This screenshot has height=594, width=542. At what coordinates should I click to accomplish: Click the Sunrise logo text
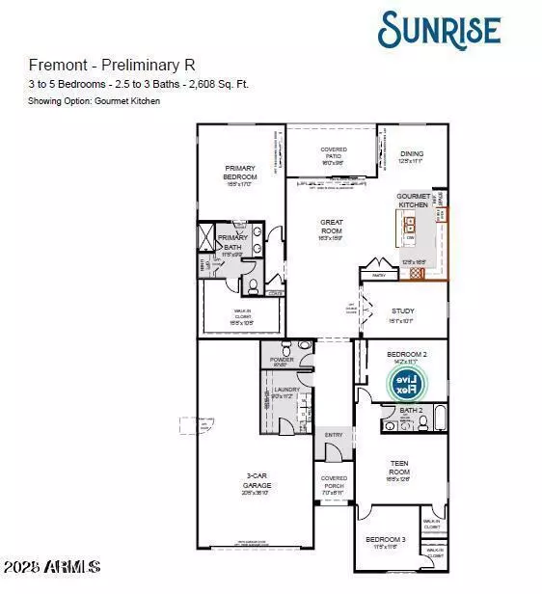pos(440,30)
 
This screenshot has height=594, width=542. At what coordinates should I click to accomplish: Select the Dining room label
pos(411,154)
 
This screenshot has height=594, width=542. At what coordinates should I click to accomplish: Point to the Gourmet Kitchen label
pos(414,201)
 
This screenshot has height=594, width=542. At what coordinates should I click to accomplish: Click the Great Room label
pos(332,227)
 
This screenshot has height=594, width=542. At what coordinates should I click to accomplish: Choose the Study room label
pos(402,311)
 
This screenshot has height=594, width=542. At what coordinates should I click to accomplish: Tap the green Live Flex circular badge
pos(407,384)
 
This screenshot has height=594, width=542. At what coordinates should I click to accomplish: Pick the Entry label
pos(333,435)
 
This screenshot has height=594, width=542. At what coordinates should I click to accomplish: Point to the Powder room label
pos(282,360)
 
